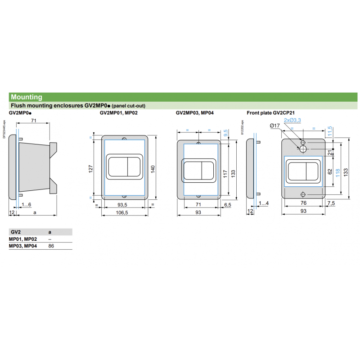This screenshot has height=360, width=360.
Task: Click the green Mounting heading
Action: [x=27, y=97]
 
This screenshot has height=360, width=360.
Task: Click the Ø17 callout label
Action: [x=274, y=126]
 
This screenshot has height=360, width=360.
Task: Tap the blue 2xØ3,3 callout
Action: [x=292, y=120]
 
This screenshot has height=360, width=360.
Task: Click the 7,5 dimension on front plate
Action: [x=331, y=204]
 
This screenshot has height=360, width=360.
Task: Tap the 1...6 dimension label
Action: [x=27, y=205]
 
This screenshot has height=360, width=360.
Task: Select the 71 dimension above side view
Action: [x=33, y=121]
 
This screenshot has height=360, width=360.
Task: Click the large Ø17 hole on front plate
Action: [x=303, y=148]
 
